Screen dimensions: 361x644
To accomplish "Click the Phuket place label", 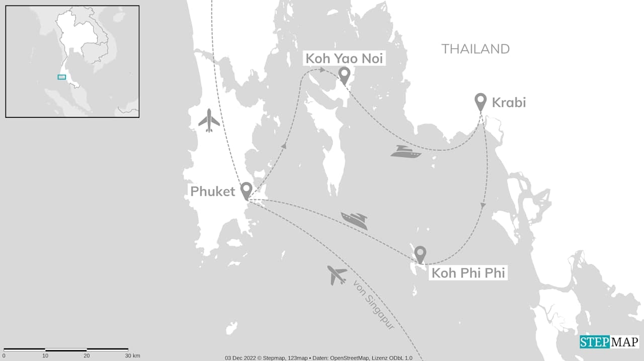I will click(x=212, y=191).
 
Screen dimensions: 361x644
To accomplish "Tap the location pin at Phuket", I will click(x=246, y=190).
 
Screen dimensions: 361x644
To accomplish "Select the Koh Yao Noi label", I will click(x=345, y=59).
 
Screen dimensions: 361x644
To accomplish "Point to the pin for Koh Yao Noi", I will click(x=344, y=75).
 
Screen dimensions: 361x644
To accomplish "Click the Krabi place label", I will click(x=509, y=103).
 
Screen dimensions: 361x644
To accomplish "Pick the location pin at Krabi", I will click(x=480, y=101).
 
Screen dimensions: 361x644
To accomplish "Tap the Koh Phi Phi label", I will click(x=467, y=273).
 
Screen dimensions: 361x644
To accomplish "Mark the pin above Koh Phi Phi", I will click(x=420, y=254).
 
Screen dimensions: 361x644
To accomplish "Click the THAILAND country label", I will click(x=475, y=49).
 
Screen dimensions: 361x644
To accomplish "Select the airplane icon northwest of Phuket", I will click(x=209, y=121).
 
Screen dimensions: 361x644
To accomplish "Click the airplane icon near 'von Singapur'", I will click(x=337, y=275).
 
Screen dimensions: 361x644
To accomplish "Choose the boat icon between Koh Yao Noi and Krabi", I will click(x=406, y=152).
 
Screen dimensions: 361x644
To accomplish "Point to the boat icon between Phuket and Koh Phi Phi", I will click(x=354, y=221).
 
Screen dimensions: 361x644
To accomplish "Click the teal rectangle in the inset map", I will click(x=62, y=77).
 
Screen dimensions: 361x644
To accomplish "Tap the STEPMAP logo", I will click(x=609, y=342).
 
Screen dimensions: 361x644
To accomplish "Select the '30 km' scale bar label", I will click(x=132, y=356).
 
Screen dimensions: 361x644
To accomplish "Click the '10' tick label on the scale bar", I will click(x=45, y=356).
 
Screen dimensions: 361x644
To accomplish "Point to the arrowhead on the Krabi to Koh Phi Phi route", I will click(x=483, y=205).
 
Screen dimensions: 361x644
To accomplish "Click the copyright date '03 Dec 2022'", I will click(x=239, y=358).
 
